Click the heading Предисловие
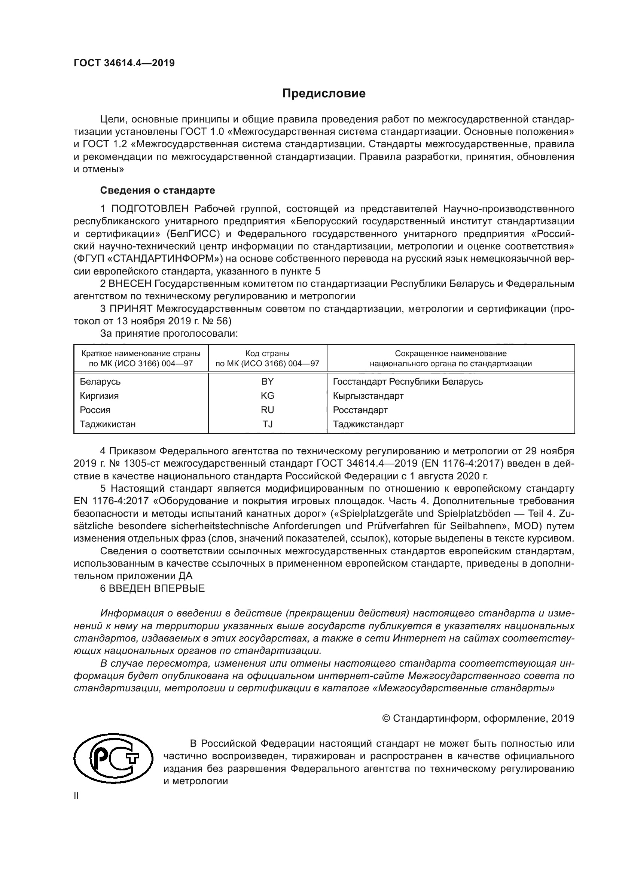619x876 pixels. point(324,94)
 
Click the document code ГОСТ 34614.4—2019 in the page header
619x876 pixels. point(124,63)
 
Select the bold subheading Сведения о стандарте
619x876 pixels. point(157,190)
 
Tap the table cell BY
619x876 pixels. point(267,382)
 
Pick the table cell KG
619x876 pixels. point(267,395)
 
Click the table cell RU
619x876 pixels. point(267,410)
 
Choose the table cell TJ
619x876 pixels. point(267,424)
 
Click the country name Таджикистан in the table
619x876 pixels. point(107,424)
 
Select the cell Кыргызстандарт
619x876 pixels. point(368,395)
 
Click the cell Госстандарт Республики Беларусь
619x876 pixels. point(408,382)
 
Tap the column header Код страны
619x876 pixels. point(267,353)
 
